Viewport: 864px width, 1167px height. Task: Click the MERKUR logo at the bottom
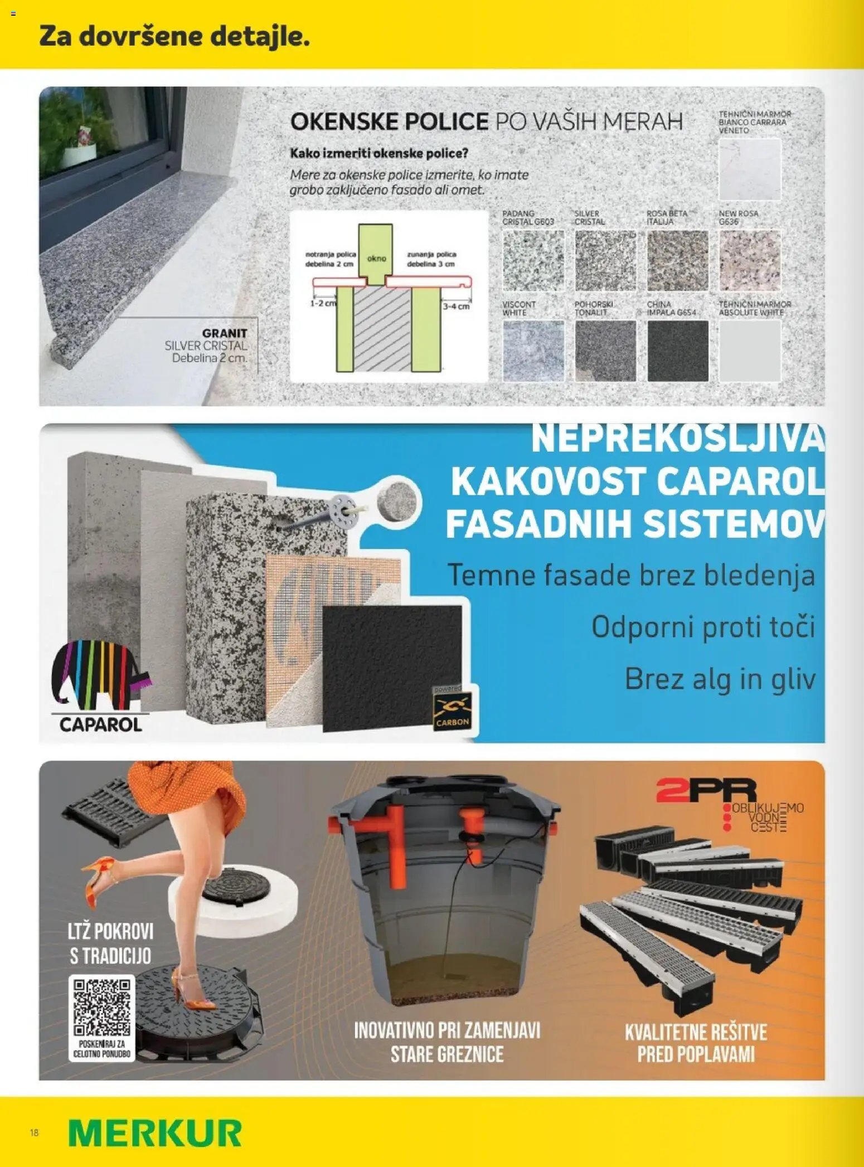tap(155, 1132)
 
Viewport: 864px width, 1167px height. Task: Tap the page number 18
tap(35, 1132)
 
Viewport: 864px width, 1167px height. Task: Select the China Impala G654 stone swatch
tap(677, 351)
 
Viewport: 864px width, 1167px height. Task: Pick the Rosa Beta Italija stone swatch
tap(677, 261)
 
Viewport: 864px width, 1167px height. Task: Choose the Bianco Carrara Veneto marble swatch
tap(750, 169)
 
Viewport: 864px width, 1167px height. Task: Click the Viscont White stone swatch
tap(533, 351)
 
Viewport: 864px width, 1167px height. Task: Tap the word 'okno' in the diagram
tap(376, 259)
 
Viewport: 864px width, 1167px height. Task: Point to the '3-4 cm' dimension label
tap(455, 306)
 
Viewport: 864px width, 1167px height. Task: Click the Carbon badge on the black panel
tap(452, 711)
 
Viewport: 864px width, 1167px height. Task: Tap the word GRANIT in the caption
tap(224, 333)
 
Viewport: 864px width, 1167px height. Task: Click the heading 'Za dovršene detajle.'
tap(174, 37)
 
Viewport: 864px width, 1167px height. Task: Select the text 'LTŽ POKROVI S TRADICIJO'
tap(110, 943)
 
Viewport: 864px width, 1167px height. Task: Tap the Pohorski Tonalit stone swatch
tap(605, 351)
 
